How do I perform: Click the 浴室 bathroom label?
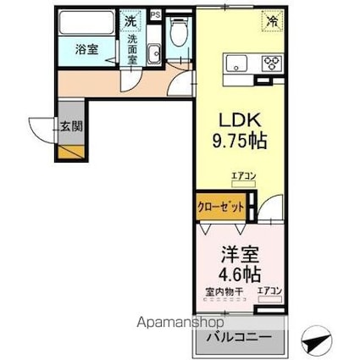coord(86,49)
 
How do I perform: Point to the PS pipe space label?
coord(154,14)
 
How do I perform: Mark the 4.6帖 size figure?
coord(240,274)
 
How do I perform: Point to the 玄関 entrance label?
coord(70,127)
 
